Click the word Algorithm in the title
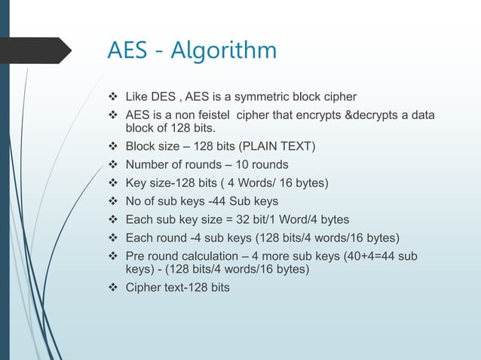click(225, 52)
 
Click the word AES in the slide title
click(131, 50)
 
